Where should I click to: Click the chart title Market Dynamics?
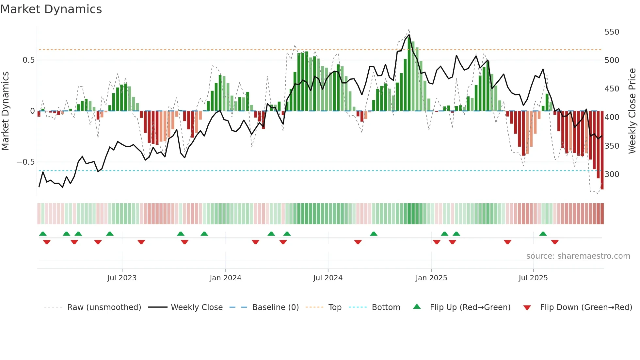point(51,9)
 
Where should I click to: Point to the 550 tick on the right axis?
point(612,32)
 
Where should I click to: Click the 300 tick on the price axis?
point(612,174)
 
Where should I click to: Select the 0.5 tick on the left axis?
point(28,60)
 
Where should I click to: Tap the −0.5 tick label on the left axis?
point(25,162)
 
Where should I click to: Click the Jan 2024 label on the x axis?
point(225,278)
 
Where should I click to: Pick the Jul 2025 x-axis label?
point(533,278)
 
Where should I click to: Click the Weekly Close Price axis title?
point(632,111)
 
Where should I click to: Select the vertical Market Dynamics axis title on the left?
point(5,111)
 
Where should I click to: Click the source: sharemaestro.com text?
point(578,256)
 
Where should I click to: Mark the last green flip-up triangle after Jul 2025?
point(543,234)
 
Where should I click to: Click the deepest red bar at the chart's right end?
point(602,150)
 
